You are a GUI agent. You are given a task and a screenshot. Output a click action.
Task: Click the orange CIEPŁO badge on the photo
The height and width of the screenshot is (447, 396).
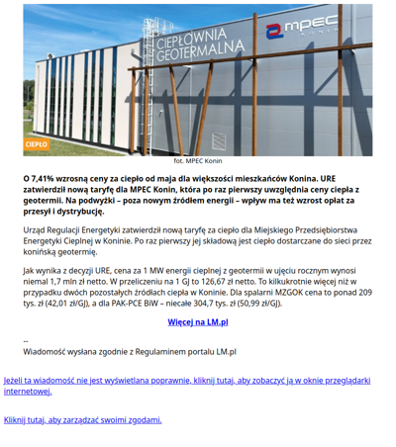[37, 144]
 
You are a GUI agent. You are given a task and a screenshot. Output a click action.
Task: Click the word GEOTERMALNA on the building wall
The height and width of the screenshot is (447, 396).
[201, 48]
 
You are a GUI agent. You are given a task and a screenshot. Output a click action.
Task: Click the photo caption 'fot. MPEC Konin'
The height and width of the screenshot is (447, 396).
[197, 160]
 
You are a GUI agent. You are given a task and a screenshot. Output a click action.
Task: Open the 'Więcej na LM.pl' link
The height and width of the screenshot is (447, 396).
[198, 321]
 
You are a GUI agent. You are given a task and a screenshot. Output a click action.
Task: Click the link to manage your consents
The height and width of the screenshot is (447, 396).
[82, 419]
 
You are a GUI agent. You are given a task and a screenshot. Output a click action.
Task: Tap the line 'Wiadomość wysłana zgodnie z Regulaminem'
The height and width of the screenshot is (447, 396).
[129, 350]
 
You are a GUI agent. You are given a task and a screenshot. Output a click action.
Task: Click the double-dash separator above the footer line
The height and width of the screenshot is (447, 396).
[26, 339]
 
